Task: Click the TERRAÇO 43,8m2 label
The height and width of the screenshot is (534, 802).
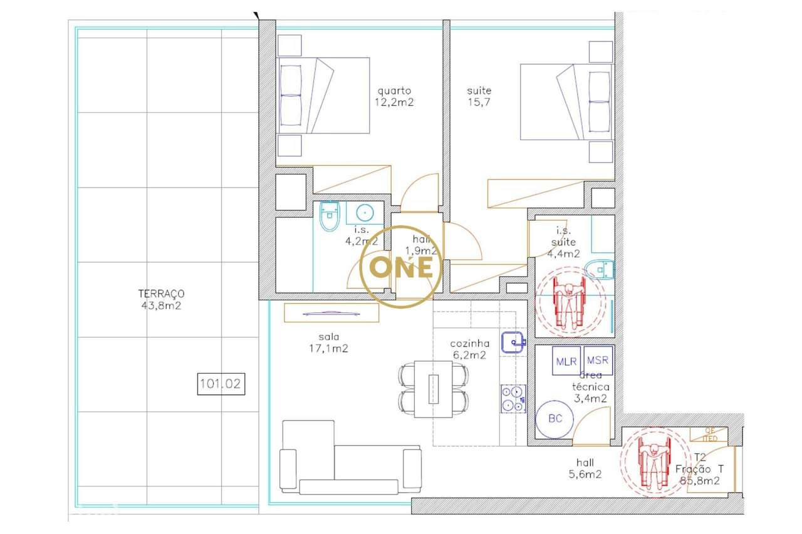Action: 161,300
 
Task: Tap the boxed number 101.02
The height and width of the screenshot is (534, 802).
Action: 220,383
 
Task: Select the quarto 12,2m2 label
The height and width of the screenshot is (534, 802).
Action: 395,96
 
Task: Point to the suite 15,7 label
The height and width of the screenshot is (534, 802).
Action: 479,96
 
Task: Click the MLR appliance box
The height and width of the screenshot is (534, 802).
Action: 566,362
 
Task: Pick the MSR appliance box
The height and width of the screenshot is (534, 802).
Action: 598,362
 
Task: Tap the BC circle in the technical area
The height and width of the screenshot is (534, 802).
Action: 555,419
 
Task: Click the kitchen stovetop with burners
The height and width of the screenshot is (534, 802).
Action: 513,399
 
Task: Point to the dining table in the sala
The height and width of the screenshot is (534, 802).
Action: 434,389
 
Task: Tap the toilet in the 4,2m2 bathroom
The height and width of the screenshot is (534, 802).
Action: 329,217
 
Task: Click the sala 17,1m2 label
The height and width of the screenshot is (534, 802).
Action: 324,343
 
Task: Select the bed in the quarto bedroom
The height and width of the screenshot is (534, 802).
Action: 324,95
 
